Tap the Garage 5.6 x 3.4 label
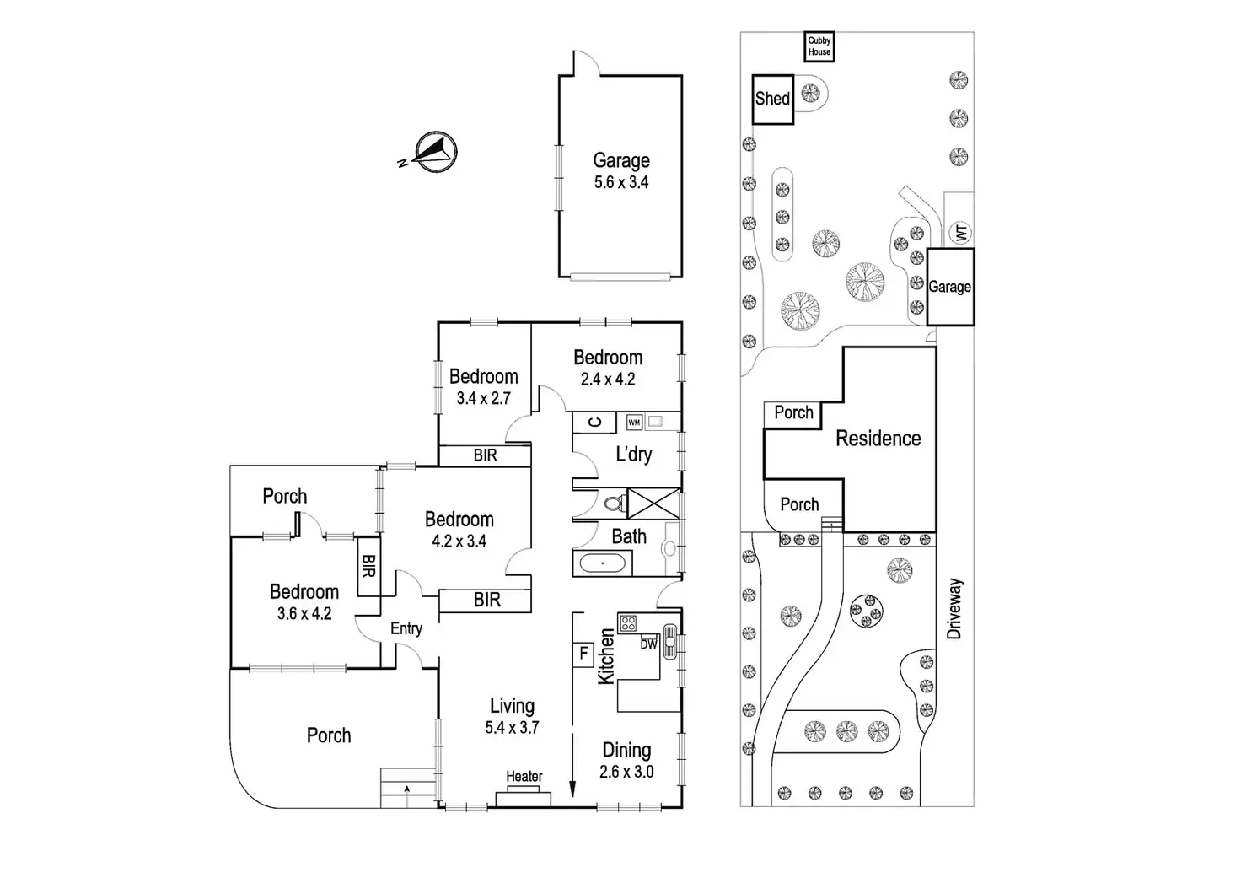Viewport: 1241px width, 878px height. point(621,170)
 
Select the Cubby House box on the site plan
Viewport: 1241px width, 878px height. point(819,46)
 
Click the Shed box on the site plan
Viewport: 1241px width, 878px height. point(772,99)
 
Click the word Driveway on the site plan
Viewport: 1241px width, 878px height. point(954,608)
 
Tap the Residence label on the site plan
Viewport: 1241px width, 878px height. point(878,439)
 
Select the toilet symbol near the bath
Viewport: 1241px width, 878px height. point(613,504)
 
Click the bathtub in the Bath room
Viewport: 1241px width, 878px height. point(601,563)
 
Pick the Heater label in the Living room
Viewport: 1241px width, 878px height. point(524,776)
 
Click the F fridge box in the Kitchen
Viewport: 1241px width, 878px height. point(583,653)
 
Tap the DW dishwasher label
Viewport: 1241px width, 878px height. point(648,644)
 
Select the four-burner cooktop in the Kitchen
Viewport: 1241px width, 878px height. point(629,623)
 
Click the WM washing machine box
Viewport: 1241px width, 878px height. point(634,422)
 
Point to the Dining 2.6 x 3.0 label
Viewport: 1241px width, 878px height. point(626,760)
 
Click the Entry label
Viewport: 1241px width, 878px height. point(406,628)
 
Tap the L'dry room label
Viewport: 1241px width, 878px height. point(633,455)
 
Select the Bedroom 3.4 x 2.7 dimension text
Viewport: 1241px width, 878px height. point(483,398)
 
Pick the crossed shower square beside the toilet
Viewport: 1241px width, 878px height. point(653,503)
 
